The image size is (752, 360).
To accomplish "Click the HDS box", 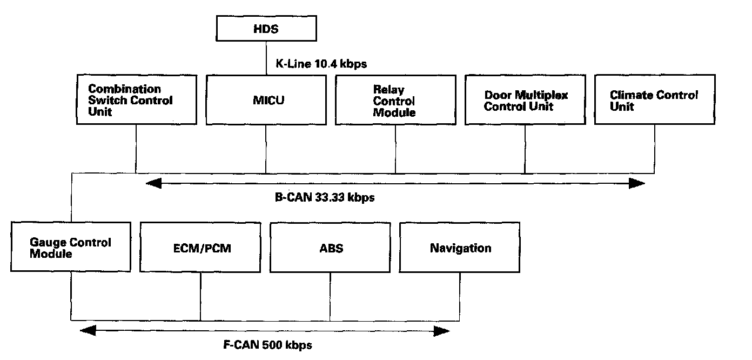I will pyautogui.click(x=266, y=29).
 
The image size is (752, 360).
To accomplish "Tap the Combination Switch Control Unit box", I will pyautogui.click(x=136, y=100).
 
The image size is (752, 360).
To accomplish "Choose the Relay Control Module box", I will pyautogui.click(x=395, y=100).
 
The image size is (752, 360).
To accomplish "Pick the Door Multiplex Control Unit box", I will pyautogui.click(x=525, y=100).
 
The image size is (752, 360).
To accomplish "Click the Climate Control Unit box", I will pyautogui.click(x=655, y=100).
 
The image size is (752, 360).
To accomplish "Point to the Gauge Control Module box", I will pyautogui.click(x=71, y=247).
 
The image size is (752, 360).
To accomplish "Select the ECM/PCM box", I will pyautogui.click(x=200, y=247).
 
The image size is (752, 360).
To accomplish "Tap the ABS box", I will pyautogui.click(x=330, y=247).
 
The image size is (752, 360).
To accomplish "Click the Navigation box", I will pyautogui.click(x=460, y=247).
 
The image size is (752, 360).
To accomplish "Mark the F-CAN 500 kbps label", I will pyautogui.click(x=268, y=344).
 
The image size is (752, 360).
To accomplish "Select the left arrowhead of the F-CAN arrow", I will pyautogui.click(x=87, y=330).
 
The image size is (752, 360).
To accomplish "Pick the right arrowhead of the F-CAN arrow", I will pyautogui.click(x=442, y=330).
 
